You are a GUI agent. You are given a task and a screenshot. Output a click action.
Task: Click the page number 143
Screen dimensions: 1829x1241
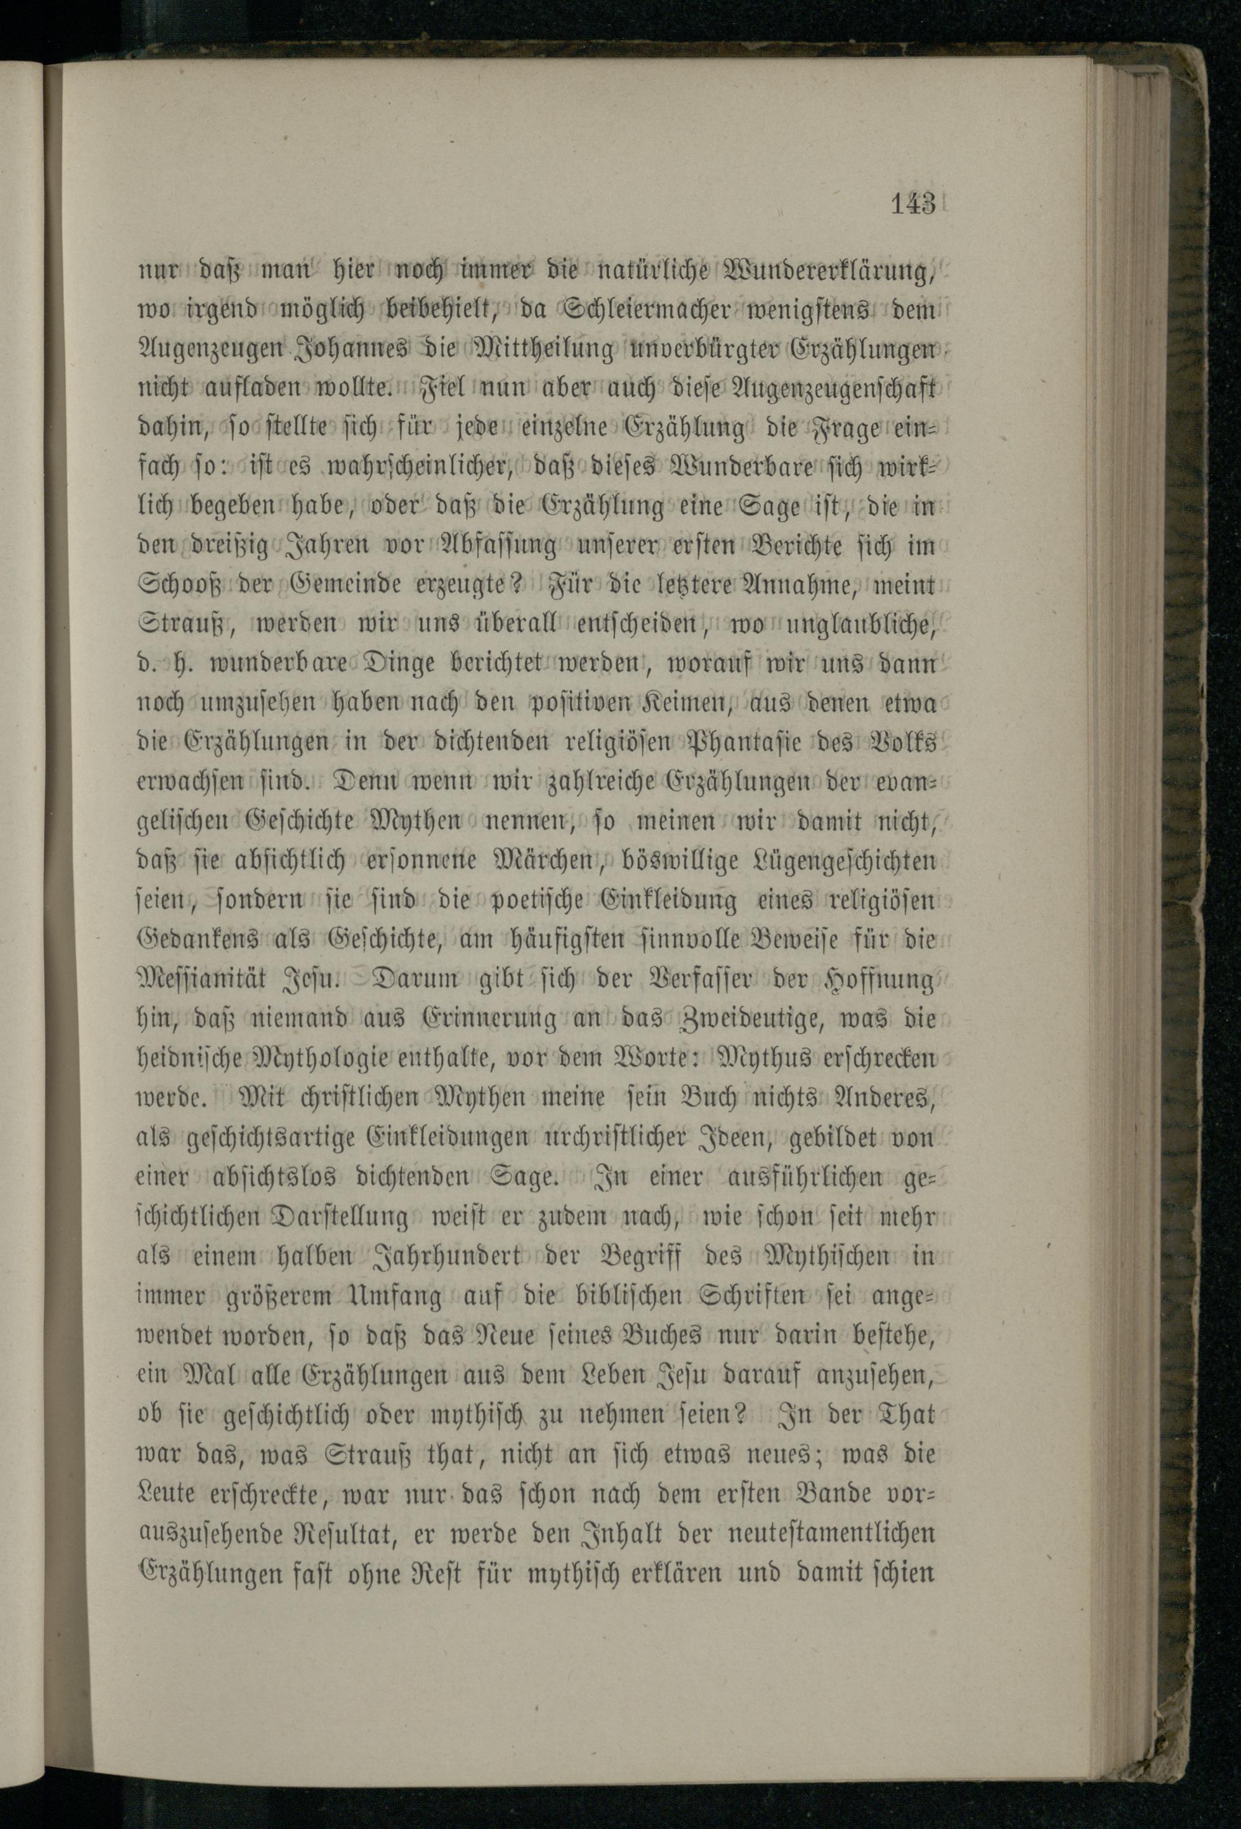[913, 204]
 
